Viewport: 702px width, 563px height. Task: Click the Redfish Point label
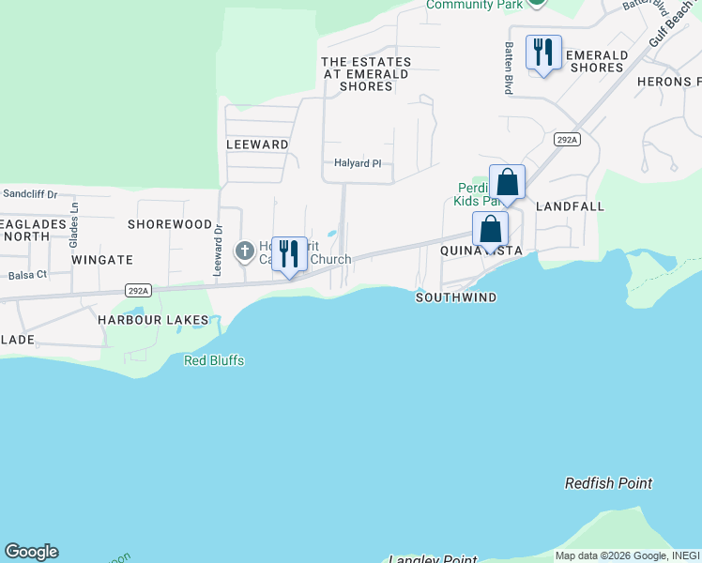pyautogui.click(x=608, y=483)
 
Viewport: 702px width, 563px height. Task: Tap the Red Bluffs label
pyautogui.click(x=214, y=360)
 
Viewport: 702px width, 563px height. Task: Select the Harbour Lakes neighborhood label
pyautogui.click(x=153, y=320)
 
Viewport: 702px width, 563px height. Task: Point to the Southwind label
pyautogui.click(x=456, y=297)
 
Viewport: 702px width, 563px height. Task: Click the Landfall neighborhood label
pyautogui.click(x=570, y=205)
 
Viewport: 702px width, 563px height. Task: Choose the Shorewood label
pyautogui.click(x=170, y=224)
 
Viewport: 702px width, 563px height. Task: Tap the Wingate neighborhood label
pyautogui.click(x=102, y=259)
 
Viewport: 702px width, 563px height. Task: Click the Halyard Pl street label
pyautogui.click(x=359, y=163)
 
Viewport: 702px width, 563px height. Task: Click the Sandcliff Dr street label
pyautogui.click(x=30, y=194)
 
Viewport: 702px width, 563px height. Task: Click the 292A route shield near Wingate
pyautogui.click(x=138, y=291)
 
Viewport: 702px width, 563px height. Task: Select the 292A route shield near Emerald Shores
pyautogui.click(x=567, y=140)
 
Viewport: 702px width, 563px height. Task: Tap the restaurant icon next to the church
pyautogui.click(x=289, y=253)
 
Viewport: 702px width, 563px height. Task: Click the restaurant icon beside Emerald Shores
pyautogui.click(x=543, y=53)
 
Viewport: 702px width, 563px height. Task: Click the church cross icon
pyautogui.click(x=244, y=251)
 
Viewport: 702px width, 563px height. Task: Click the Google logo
pyautogui.click(x=31, y=552)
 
